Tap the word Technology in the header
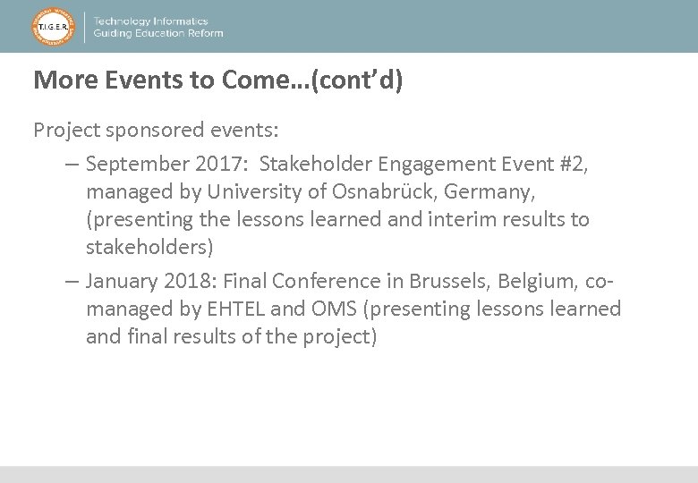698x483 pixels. [124, 21]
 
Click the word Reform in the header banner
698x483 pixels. [202, 33]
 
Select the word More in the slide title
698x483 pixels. [65, 80]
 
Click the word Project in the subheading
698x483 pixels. [66, 131]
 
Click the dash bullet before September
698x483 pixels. [72, 165]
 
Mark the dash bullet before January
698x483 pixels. [72, 282]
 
